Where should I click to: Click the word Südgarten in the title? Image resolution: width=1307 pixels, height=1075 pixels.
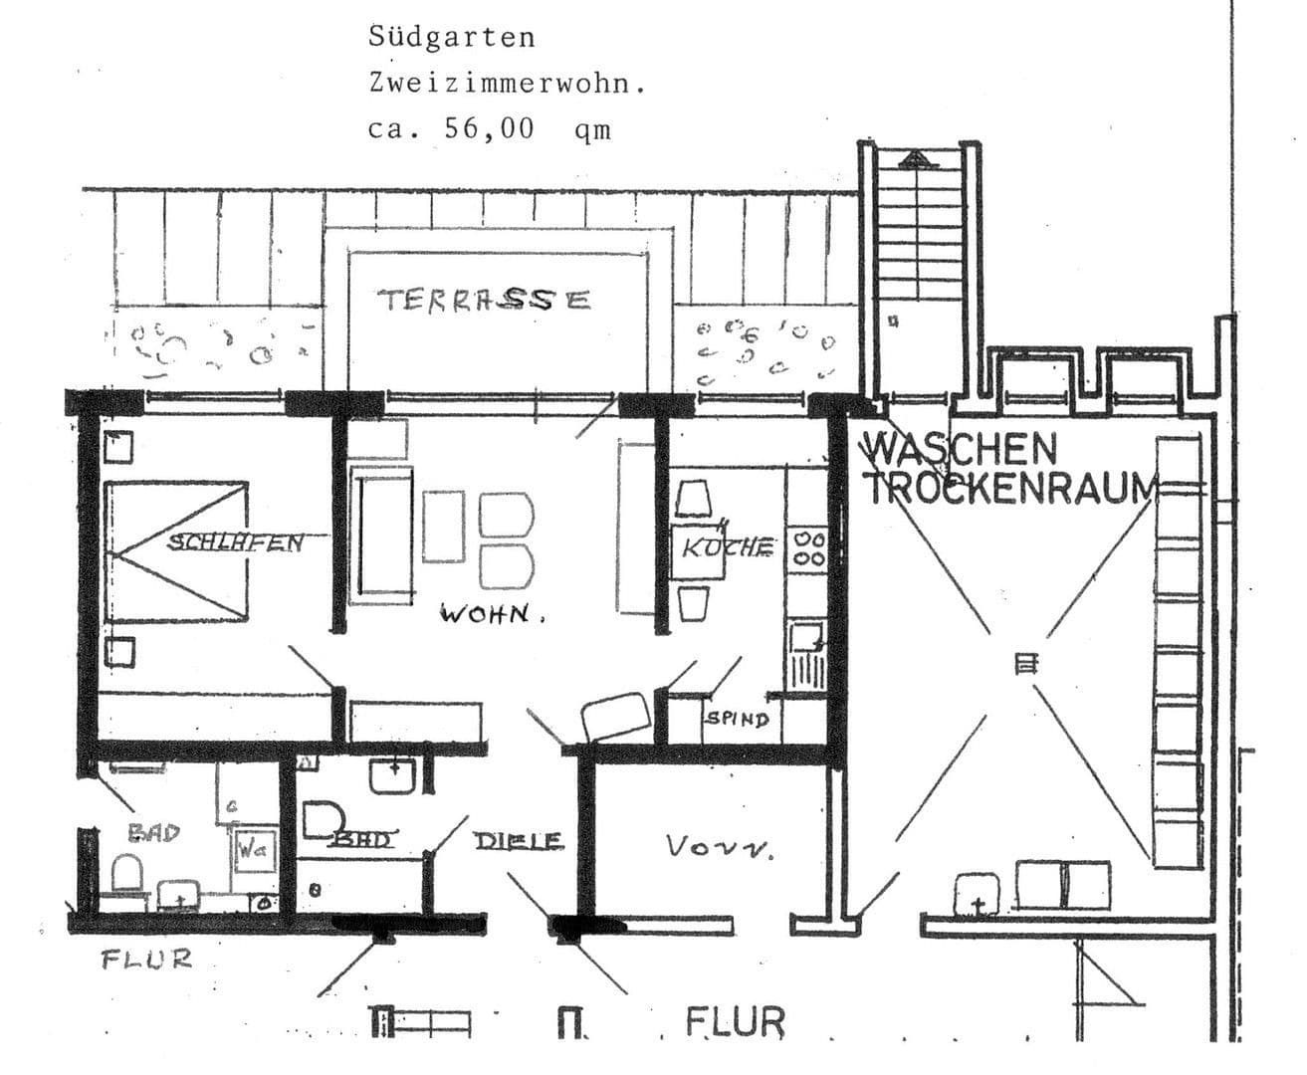451,38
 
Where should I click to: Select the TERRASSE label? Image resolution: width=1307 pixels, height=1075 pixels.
484,300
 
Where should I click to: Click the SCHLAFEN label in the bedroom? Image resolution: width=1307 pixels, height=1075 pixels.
235,542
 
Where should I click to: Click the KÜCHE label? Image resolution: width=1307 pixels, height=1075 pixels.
728,546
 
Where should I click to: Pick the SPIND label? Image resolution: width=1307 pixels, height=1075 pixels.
736,719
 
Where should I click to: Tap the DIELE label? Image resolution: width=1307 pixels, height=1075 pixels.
518,841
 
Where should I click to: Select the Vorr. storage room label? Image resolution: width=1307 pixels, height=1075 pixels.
720,847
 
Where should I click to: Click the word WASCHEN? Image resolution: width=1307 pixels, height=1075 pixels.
961,449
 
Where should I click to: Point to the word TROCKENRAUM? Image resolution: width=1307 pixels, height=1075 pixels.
1009,489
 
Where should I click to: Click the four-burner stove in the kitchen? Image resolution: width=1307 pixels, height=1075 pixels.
808,549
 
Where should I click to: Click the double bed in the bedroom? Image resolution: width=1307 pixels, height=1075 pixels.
176,549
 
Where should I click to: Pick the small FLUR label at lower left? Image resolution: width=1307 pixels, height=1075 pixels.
146,960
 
